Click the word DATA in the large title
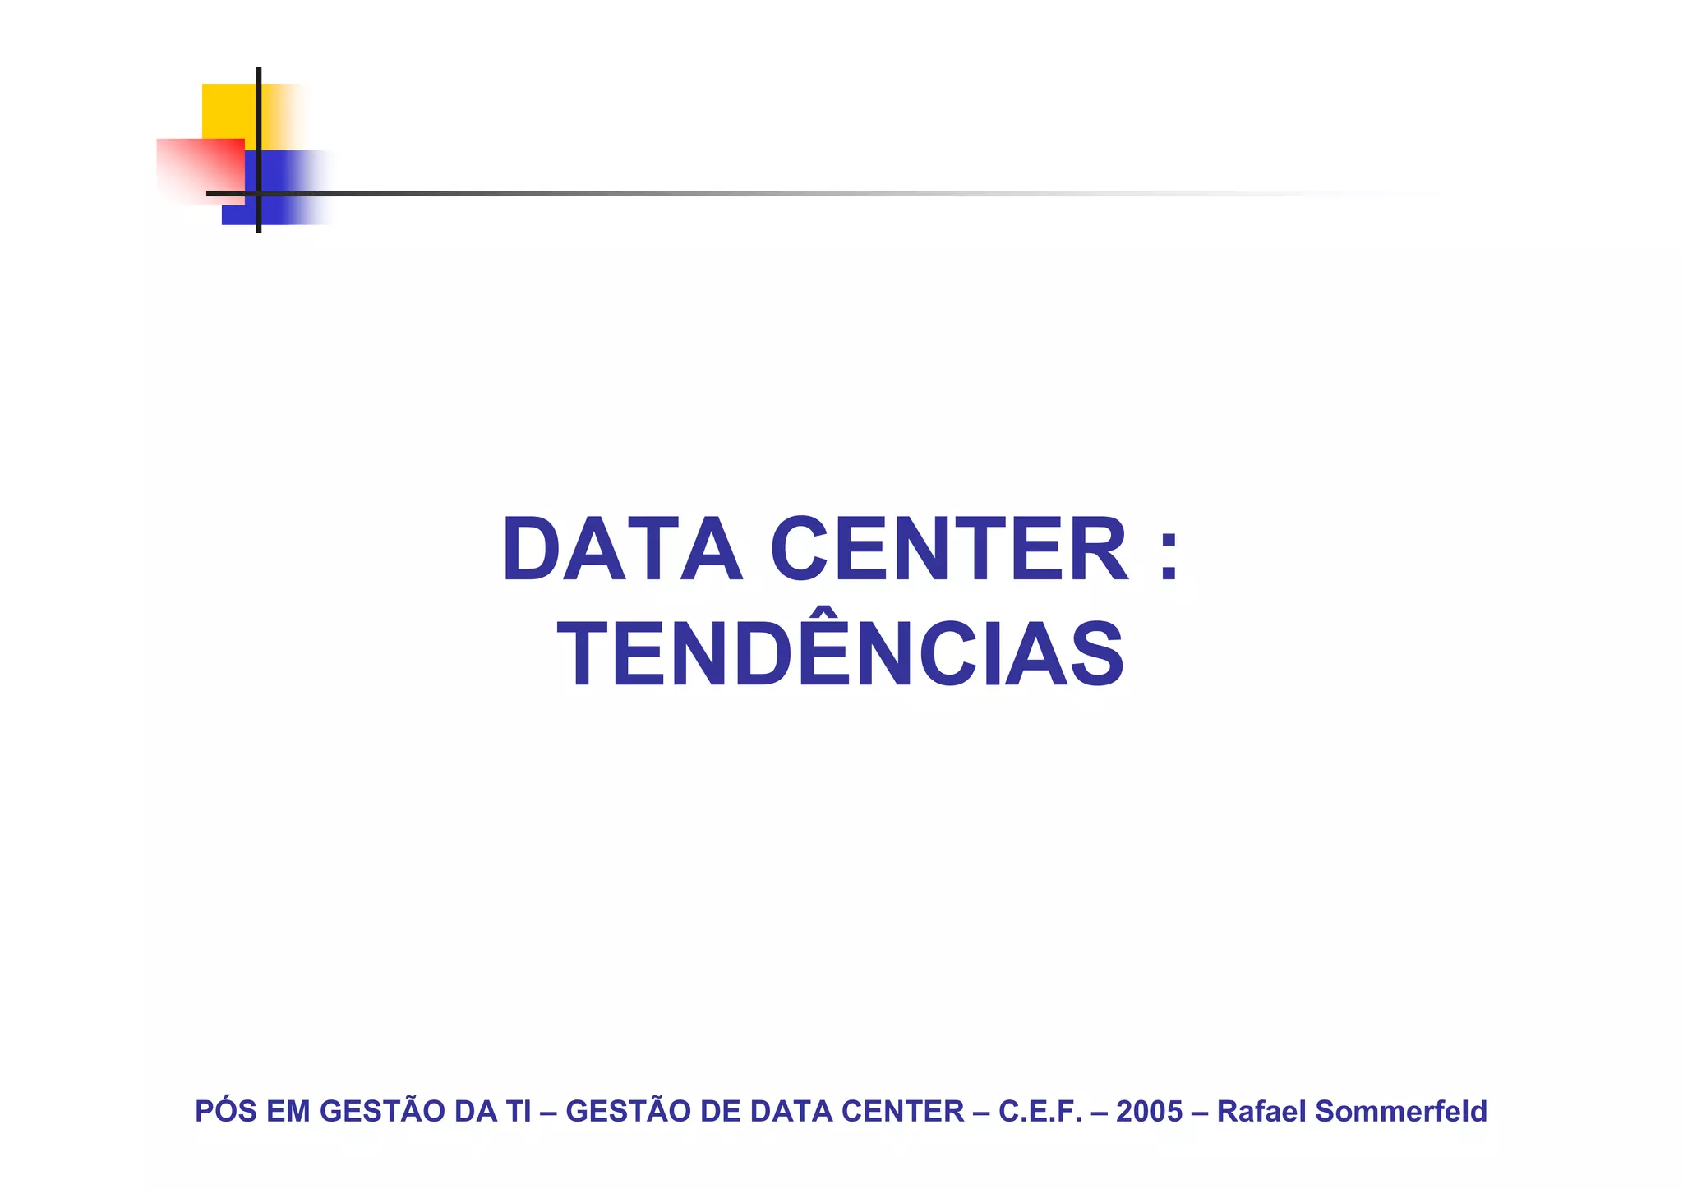[x=622, y=550]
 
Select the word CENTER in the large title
[x=949, y=550]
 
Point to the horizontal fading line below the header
[x=740, y=194]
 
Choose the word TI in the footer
[x=519, y=1111]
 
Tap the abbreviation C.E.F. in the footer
[x=1040, y=1111]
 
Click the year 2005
[x=1149, y=1111]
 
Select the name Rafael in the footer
[x=1261, y=1111]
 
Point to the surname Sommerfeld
[x=1401, y=1111]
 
